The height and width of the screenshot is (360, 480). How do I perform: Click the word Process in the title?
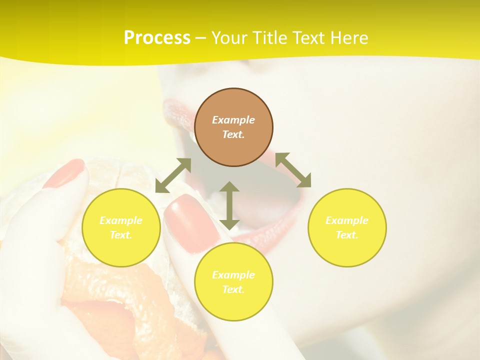click(157, 38)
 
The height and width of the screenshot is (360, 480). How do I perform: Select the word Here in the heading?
click(349, 38)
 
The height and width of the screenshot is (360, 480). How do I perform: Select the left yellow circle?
click(121, 250)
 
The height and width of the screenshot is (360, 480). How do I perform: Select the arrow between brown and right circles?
click(293, 170)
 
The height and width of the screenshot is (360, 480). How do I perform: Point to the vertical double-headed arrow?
click(229, 205)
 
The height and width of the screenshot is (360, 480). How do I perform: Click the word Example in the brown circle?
click(233, 120)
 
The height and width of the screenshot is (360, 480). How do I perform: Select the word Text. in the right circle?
click(346, 235)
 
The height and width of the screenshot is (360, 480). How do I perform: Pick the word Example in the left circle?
click(121, 220)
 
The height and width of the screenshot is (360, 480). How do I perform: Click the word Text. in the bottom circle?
click(233, 289)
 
